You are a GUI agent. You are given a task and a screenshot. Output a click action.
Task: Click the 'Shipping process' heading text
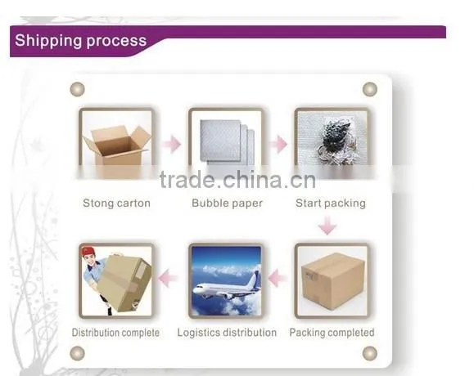81,41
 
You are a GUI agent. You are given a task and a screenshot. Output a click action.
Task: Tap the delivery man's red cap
88,252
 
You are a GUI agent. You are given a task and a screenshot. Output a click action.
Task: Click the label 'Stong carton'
117,203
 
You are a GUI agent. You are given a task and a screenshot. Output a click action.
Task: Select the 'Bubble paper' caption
227,203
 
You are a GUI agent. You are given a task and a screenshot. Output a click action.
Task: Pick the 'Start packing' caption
331,203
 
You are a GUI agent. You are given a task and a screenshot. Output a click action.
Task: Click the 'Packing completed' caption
332,333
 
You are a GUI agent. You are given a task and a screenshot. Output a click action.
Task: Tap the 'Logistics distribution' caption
227,333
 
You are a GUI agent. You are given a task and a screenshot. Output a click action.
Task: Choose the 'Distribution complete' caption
115,333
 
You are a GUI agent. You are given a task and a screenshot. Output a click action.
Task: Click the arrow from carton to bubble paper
172,144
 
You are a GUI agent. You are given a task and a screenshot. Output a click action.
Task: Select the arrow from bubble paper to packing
278,144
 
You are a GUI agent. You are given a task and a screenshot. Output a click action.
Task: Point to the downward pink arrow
327,226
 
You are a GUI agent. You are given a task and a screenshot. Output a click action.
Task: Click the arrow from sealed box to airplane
278,278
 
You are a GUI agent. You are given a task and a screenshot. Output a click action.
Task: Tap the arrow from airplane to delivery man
168,278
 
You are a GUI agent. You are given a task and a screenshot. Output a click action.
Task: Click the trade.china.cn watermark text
237,180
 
